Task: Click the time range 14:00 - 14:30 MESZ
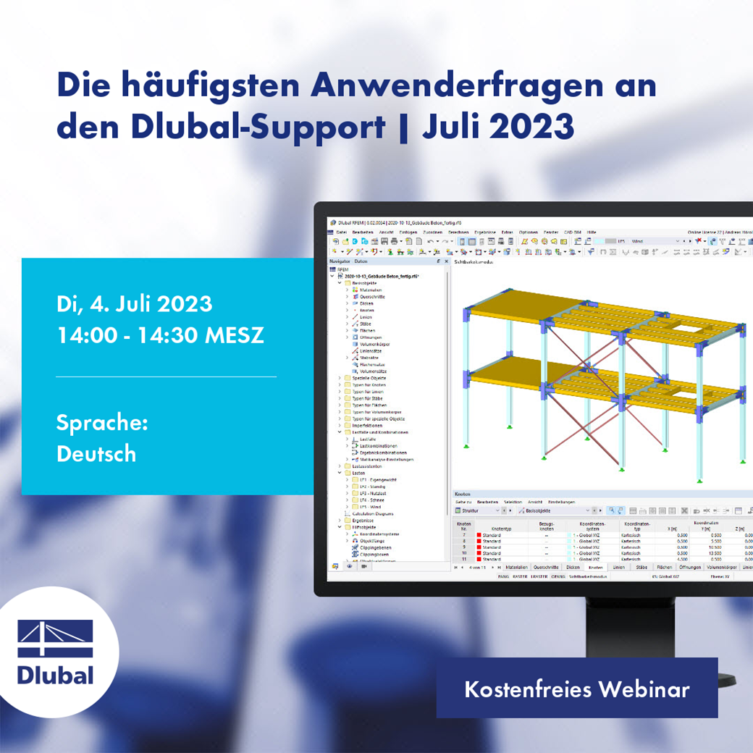pyautogui.click(x=160, y=336)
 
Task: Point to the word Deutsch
pyautogui.click(x=96, y=454)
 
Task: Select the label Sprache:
pyautogui.click(x=102, y=422)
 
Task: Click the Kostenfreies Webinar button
pyautogui.click(x=576, y=689)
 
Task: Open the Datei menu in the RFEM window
pyautogui.click(x=341, y=232)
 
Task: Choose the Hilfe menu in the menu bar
pyautogui.click(x=592, y=232)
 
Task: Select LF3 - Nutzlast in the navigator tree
pyautogui.click(x=372, y=492)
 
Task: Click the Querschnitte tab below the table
pyautogui.click(x=545, y=568)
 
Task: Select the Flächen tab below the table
pyautogui.click(x=664, y=568)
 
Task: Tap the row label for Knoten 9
pyautogui.click(x=463, y=547)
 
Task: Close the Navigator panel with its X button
pyautogui.click(x=446, y=261)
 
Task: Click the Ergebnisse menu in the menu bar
pyautogui.click(x=486, y=232)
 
